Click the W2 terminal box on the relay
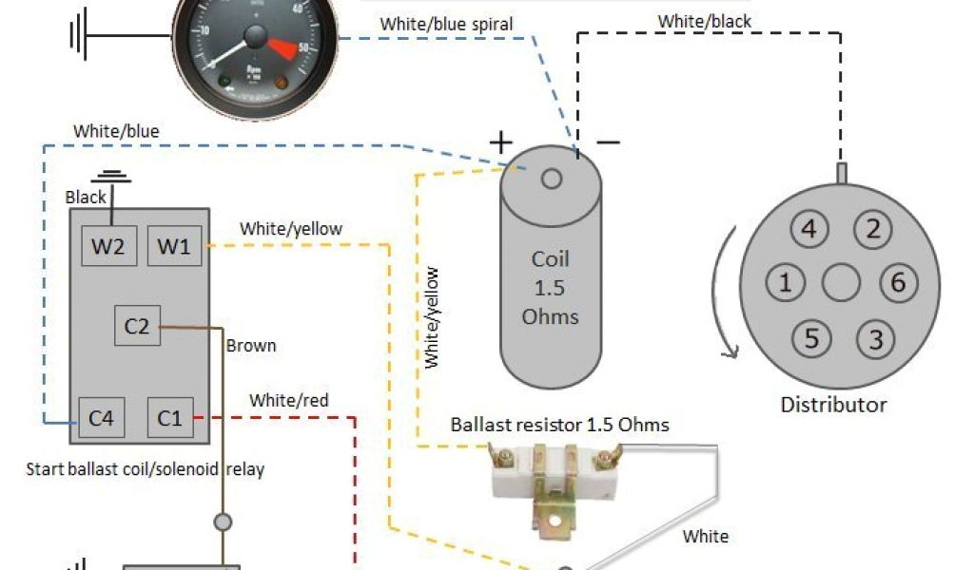pos(107,246)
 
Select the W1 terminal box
pos(173,246)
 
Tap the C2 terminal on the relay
pos(137,326)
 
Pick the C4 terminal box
pos(101,416)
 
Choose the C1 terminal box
pos(170,416)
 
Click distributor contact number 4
pos(808,229)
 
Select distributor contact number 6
pos(897,282)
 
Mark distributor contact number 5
pos(810,338)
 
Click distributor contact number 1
pos(786,282)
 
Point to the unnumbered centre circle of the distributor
pos(841,282)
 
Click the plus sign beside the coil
pos(501,142)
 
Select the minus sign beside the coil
pos(608,142)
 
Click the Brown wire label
pos(251,346)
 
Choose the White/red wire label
pos(289,400)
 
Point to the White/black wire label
pos(705,21)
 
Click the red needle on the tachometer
pos(282,45)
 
